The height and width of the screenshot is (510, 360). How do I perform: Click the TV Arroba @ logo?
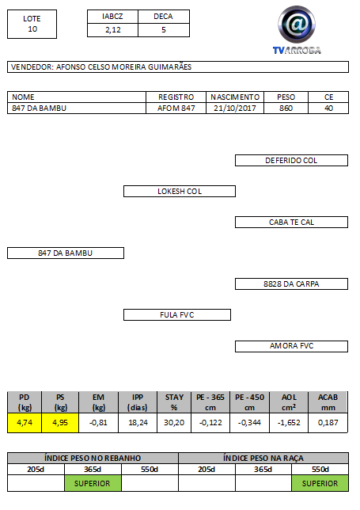[297, 29]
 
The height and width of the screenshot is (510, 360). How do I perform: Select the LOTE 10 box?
[32, 24]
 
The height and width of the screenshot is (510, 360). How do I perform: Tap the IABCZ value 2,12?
[112, 30]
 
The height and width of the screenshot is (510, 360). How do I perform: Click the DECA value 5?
[164, 30]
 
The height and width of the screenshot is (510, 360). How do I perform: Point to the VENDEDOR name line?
[178, 67]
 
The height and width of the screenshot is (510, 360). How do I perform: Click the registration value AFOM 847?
[176, 108]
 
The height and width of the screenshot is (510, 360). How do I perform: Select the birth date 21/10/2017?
[235, 108]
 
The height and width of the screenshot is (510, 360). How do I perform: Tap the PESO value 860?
[286, 108]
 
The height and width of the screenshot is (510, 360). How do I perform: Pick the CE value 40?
[328, 108]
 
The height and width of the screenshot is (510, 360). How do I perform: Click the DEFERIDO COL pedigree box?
[291, 160]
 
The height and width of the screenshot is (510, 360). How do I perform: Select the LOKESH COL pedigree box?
[180, 192]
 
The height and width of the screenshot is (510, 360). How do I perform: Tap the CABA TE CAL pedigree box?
[291, 223]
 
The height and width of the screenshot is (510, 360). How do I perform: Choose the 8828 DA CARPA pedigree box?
[291, 284]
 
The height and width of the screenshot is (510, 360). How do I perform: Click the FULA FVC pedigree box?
[177, 315]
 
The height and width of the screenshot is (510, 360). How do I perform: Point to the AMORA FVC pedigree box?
[291, 346]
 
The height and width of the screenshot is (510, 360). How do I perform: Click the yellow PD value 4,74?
[25, 423]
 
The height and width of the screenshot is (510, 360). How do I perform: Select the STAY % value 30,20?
[174, 423]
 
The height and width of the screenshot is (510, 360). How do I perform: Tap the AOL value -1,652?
[289, 423]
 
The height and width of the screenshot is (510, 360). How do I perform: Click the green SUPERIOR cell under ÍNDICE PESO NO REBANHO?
[93, 483]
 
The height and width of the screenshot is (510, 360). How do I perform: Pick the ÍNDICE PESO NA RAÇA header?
[263, 458]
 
